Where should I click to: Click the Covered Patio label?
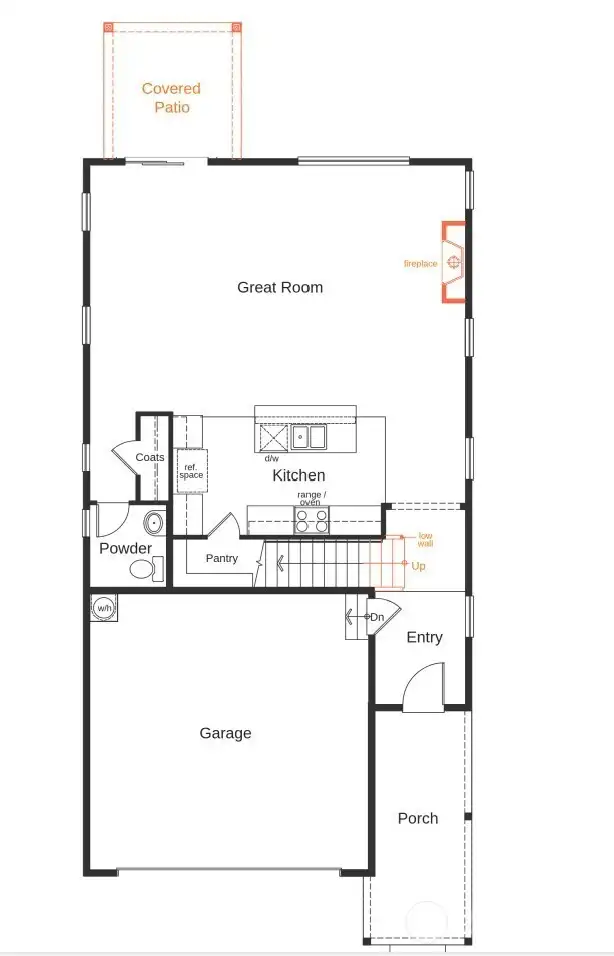tap(171, 97)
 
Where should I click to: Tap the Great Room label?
tap(280, 287)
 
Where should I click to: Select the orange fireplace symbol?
tap(454, 262)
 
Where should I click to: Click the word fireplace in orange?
tap(420, 264)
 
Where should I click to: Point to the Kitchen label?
tap(299, 476)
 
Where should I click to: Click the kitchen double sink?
tap(308, 437)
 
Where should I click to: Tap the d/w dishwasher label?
tap(271, 458)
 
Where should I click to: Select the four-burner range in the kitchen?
tap(311, 520)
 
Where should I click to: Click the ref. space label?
tap(191, 470)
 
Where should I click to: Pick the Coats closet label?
tap(150, 457)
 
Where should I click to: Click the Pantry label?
tap(222, 558)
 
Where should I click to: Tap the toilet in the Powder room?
tap(144, 569)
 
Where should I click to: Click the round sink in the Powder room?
tap(155, 523)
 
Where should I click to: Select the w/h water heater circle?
tap(103, 607)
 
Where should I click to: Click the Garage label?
tap(225, 733)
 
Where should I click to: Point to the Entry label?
tap(424, 637)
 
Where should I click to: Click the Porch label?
tap(417, 818)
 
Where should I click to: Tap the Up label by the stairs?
tap(418, 565)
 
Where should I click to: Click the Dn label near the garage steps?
tap(377, 618)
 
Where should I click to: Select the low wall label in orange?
tap(425, 539)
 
